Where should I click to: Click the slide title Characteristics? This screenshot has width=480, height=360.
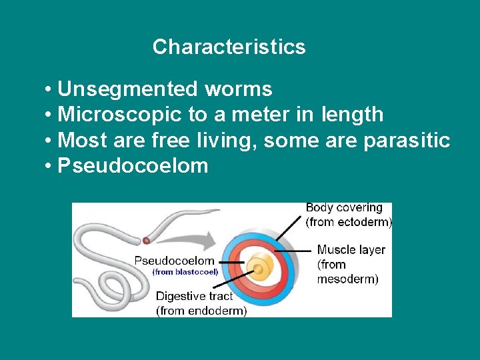[229, 47]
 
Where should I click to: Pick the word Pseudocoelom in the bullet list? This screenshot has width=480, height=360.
[133, 166]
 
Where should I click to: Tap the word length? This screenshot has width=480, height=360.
[352, 115]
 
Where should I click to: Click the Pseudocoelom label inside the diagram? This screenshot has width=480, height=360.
[175, 261]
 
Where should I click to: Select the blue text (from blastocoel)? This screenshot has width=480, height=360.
[185, 272]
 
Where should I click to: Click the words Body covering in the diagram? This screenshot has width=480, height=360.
[344, 208]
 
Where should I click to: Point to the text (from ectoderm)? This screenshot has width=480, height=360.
[349, 222]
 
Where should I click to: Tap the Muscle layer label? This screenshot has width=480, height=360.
[351, 250]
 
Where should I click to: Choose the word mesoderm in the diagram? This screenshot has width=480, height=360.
[347, 279]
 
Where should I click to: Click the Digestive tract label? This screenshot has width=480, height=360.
[195, 297]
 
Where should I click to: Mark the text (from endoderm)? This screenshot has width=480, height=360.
[201, 311]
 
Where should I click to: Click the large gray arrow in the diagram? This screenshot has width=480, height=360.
[193, 239]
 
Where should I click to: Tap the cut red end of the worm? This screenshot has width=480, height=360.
[146, 240]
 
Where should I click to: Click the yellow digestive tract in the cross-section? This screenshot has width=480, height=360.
[259, 269]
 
